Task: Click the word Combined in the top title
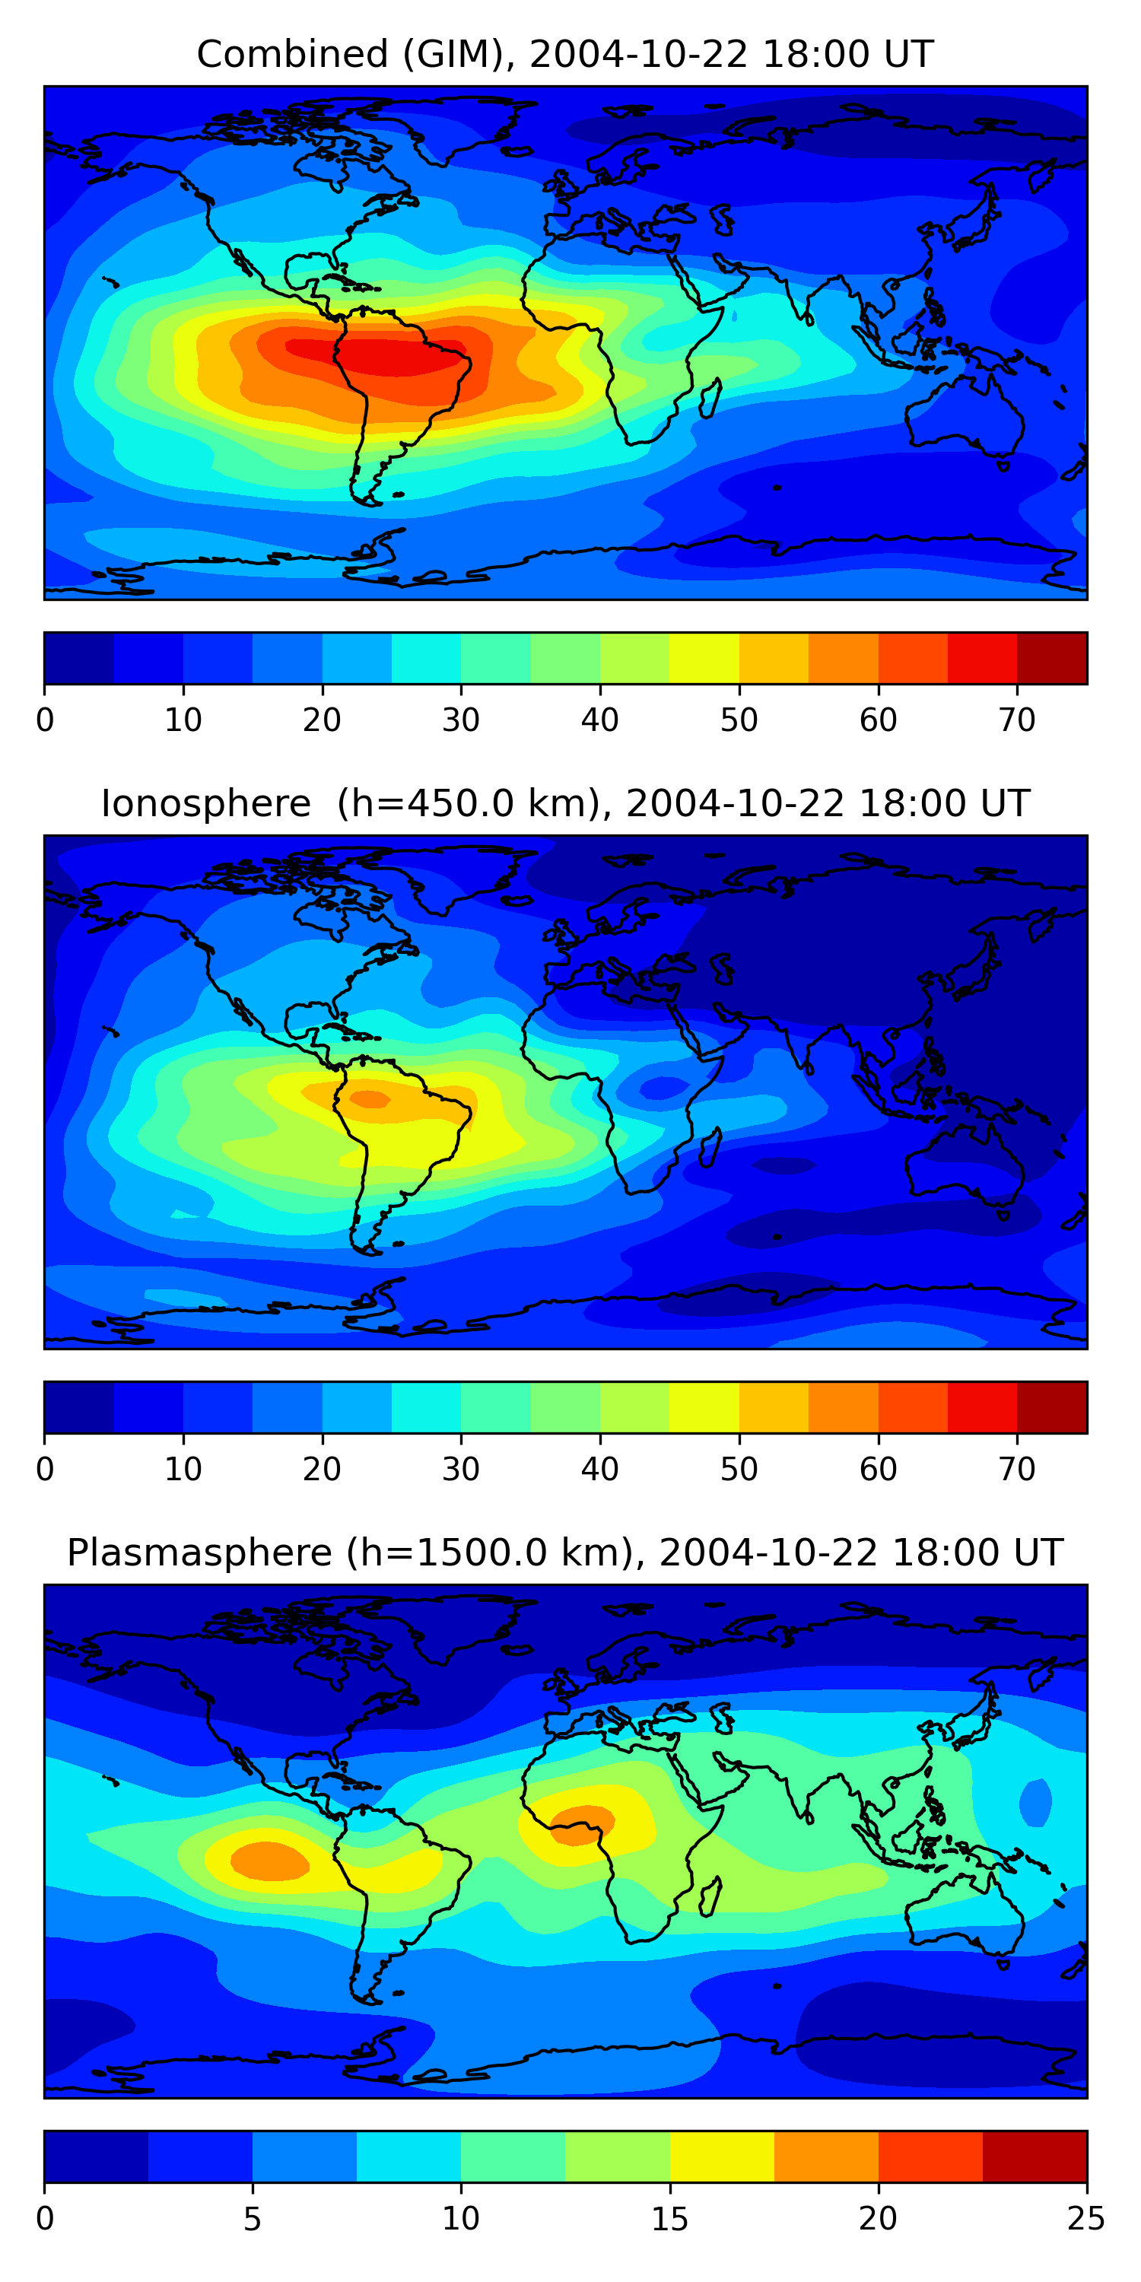(x=291, y=55)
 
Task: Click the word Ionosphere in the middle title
(x=205, y=804)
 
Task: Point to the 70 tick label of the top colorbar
(x=1017, y=720)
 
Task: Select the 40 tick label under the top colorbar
(x=599, y=720)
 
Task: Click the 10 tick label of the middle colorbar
(x=183, y=1470)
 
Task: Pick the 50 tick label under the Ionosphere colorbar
(x=739, y=1470)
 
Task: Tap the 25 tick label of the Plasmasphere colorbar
(x=1085, y=2219)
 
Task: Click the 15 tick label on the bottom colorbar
(x=669, y=2219)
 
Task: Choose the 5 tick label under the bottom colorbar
(x=253, y=2219)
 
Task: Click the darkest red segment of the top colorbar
(x=1051, y=658)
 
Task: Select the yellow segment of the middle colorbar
(x=704, y=1406)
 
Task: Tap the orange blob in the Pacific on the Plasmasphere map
(x=269, y=1861)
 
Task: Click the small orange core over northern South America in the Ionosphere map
(x=370, y=1099)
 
